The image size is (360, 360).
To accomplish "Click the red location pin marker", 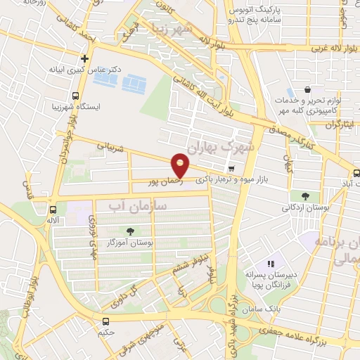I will pyautogui.click(x=181, y=166).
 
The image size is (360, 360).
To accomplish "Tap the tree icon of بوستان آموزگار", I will pyautogui.click(x=129, y=231).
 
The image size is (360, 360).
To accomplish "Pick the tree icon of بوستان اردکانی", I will pyautogui.click(x=305, y=196).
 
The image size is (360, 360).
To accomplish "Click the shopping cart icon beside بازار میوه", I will pyautogui.click(x=231, y=168).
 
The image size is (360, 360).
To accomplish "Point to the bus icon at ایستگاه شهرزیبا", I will pyautogui.click(x=76, y=96).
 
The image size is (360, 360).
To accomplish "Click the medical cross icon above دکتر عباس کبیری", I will pyautogui.click(x=85, y=59).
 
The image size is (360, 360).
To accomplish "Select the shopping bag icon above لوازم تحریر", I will pyautogui.click(x=308, y=91).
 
